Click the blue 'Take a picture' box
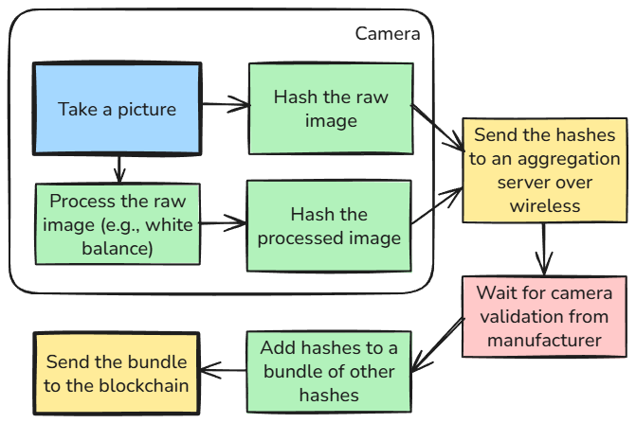[118, 109]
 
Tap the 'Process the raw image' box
[118, 225]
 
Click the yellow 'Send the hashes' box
[545, 170]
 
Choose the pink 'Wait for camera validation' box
[545, 315]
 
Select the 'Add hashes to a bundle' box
[329, 371]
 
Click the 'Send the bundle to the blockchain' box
[118, 373]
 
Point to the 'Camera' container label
[387, 34]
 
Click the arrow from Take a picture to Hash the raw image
[226, 104]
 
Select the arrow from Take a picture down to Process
[118, 168]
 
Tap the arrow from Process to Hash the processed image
[224, 225]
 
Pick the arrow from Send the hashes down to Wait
[544, 250]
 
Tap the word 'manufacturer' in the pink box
[545, 339]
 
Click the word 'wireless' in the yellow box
[545, 204]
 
